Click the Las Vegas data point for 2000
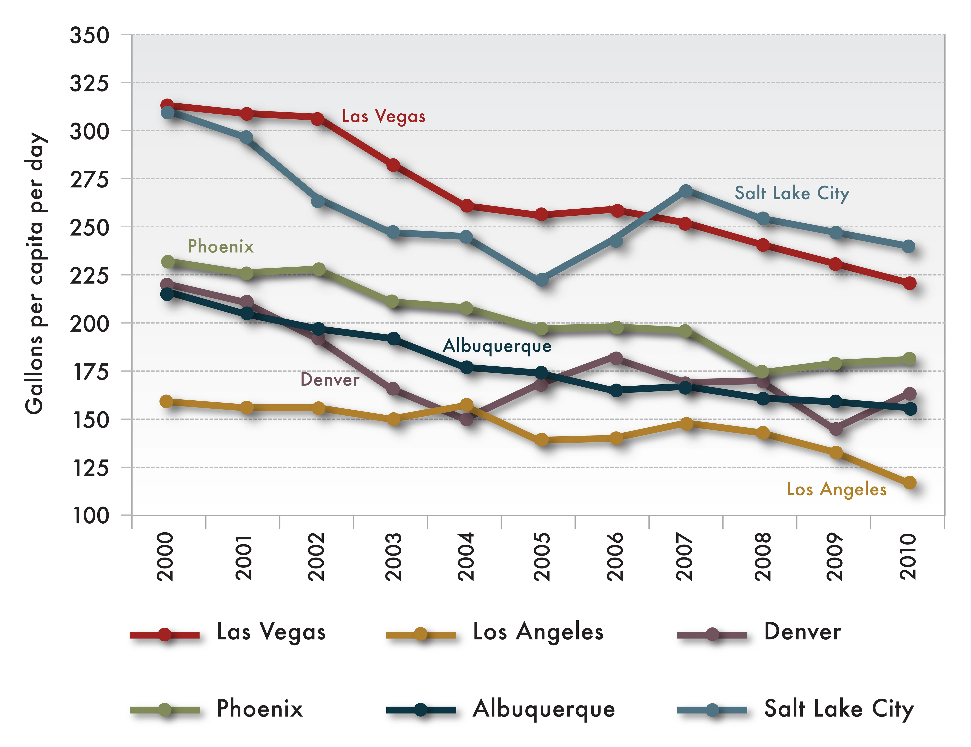167,105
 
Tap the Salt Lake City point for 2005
541,280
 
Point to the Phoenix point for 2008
762,371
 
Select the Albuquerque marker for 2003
393,338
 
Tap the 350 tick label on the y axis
89,35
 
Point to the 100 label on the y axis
89,516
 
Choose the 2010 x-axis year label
908,557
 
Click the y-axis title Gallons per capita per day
35,273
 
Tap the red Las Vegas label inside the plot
383,116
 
